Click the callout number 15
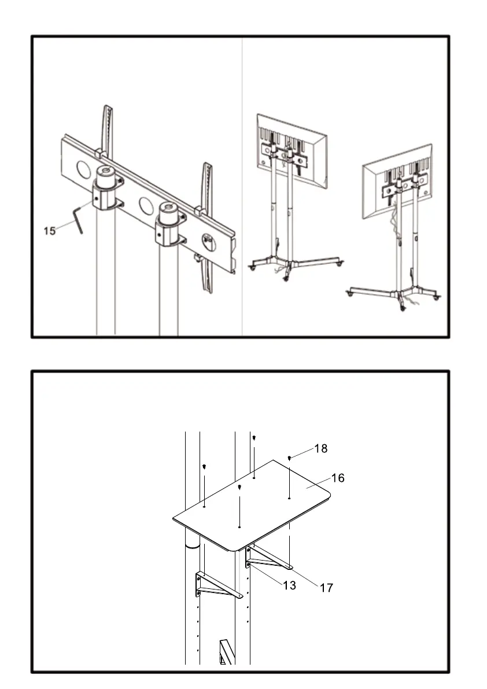[x=50, y=231]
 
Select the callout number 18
[x=321, y=448]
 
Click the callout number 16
[x=338, y=478]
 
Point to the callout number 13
[x=289, y=585]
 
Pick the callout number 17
[x=326, y=588]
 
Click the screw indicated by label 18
[x=289, y=458]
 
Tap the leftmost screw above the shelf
[x=205, y=466]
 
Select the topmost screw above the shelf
[x=254, y=438]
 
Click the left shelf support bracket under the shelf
[x=216, y=585]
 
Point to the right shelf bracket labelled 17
[x=269, y=558]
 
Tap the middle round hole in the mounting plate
[x=146, y=205]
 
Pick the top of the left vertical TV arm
[x=107, y=113]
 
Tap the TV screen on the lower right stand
[x=397, y=180]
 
